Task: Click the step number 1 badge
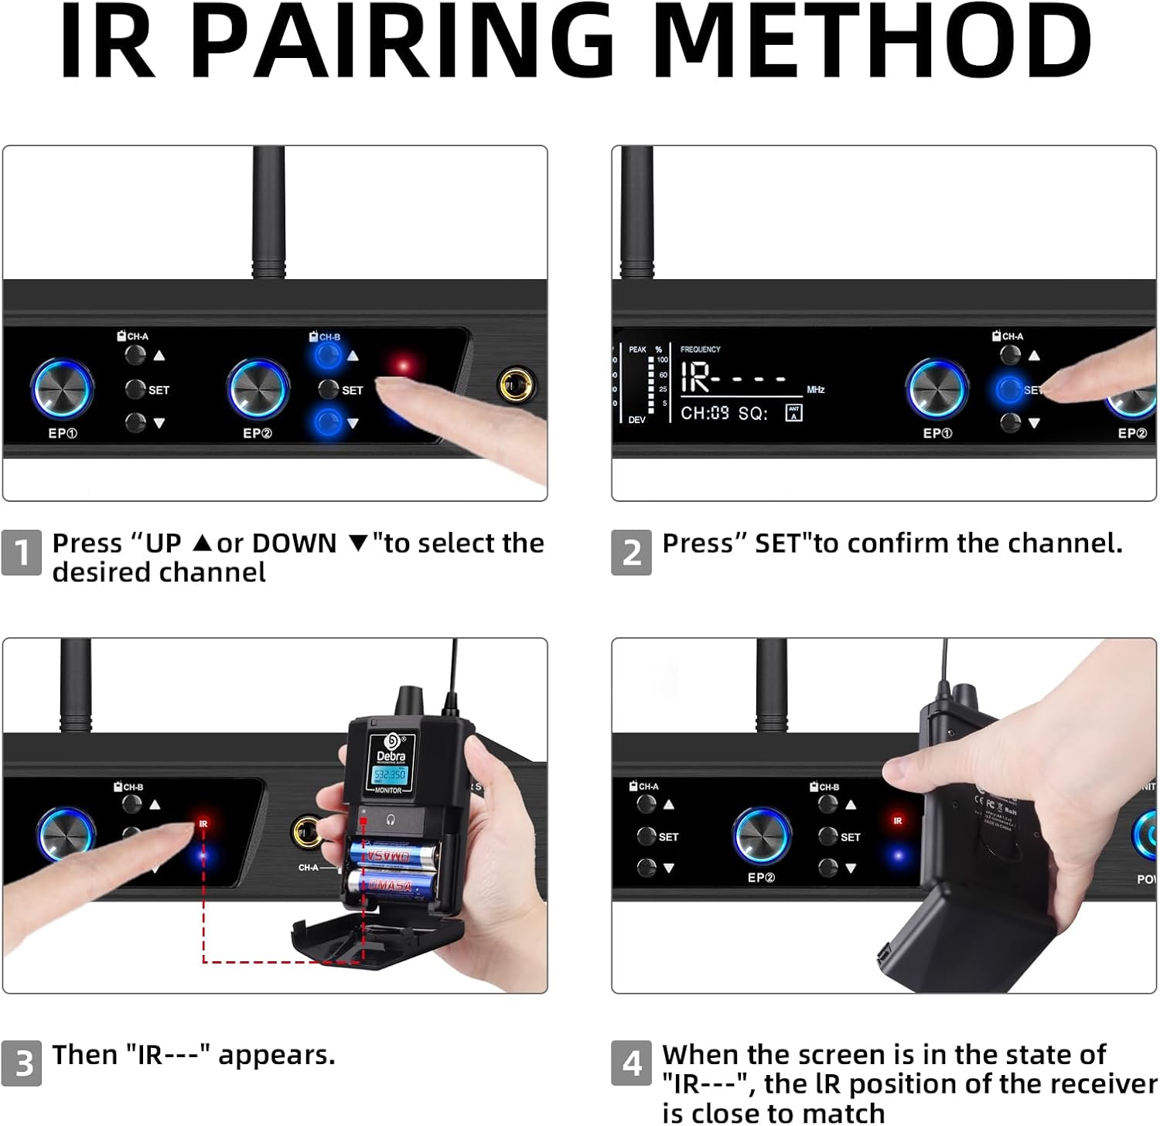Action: point(22,552)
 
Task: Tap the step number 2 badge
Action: point(631,552)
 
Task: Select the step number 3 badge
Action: point(22,1063)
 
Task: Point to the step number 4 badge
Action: point(631,1063)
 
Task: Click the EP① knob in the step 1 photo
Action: point(62,388)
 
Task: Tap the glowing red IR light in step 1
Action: point(403,365)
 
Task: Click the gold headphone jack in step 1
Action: point(517,384)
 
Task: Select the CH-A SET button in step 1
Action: point(136,388)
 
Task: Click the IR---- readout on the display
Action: point(731,378)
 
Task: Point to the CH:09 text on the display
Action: point(704,413)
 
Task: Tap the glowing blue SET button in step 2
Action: point(1009,388)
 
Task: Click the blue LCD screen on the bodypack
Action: point(390,774)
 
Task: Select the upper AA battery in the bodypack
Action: point(391,855)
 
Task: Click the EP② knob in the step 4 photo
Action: point(761,837)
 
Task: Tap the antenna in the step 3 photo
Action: point(76,684)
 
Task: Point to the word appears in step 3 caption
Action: point(277,1056)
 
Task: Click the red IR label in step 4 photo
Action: point(897,821)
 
